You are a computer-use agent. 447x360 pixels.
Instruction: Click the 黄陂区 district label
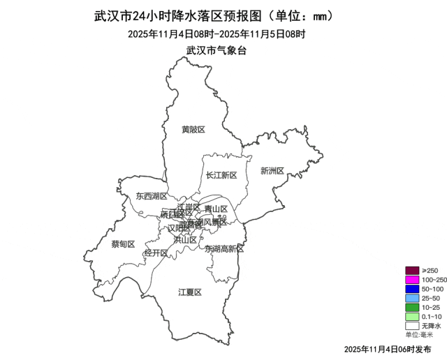point(193,130)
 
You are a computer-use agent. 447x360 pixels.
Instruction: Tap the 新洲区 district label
point(272,171)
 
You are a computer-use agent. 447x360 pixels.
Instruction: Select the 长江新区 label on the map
point(221,175)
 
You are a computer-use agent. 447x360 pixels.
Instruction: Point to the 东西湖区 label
point(152,197)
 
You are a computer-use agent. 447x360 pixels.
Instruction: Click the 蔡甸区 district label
point(123,244)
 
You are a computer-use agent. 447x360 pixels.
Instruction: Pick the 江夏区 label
point(189,292)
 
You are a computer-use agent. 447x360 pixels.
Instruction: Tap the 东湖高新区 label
point(224,249)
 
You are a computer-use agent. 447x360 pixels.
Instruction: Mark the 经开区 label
point(156,253)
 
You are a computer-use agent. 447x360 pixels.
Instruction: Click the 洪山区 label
point(185,239)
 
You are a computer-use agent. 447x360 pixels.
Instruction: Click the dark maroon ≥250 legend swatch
point(412,271)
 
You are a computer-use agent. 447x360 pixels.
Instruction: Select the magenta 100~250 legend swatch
point(412,280)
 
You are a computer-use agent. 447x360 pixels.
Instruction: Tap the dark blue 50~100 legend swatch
point(412,289)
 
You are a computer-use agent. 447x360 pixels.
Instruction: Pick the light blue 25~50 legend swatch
point(412,298)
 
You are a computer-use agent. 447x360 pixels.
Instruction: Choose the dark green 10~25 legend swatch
point(412,307)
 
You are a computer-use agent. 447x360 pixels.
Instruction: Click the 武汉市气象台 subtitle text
point(217,50)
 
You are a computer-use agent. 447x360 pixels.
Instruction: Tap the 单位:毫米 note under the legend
point(419,335)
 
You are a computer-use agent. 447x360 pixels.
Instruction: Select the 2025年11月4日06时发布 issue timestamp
point(388,348)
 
